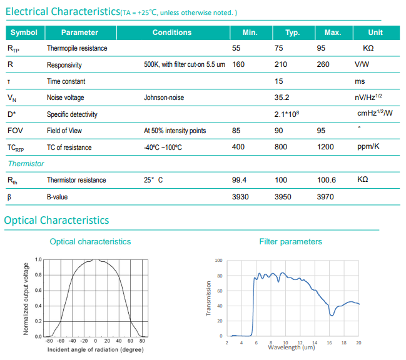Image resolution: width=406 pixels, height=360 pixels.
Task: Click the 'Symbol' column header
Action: point(24,32)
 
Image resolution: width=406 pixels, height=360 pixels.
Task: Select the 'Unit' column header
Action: point(375,32)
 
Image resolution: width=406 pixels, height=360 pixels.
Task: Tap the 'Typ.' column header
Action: point(292,32)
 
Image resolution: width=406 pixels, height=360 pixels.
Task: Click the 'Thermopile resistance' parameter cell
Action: point(77,48)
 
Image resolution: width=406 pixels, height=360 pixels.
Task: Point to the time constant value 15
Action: point(279,81)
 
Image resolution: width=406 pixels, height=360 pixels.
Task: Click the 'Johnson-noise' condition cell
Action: point(164,97)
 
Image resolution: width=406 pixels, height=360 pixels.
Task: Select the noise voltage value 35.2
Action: point(282,97)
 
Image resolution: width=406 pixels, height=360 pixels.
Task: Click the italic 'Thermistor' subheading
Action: point(26,163)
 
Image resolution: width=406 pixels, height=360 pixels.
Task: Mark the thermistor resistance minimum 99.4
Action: point(240,180)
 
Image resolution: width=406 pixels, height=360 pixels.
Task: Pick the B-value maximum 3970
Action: point(325,196)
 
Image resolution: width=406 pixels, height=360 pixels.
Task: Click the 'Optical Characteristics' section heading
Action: point(56,220)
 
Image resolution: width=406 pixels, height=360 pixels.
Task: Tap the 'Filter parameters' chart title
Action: point(290,241)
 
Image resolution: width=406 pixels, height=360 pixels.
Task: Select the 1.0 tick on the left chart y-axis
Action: point(38,259)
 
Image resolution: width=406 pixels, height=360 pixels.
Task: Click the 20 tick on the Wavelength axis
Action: point(358,342)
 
